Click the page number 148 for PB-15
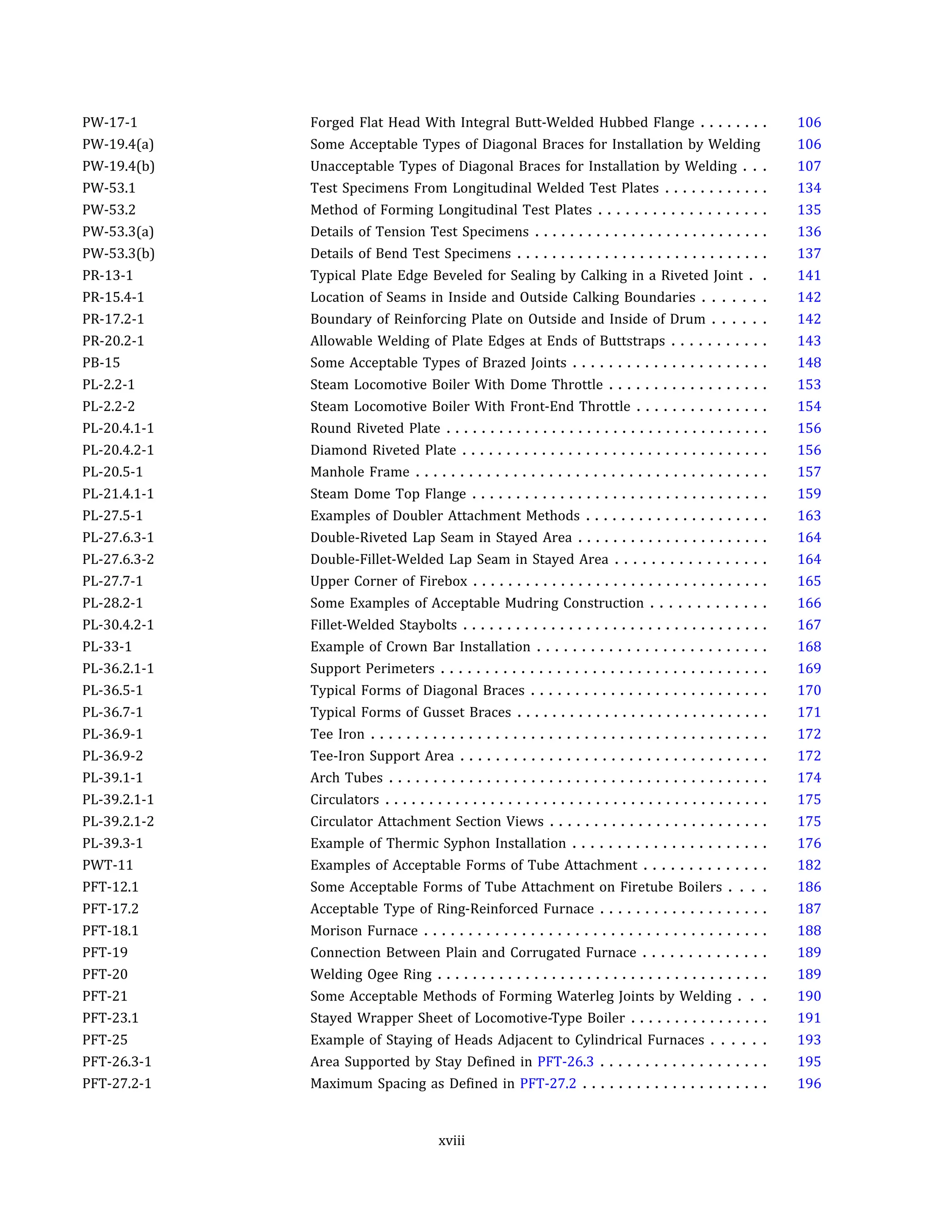[x=809, y=363]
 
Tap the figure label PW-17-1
[x=110, y=122]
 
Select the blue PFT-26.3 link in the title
[x=566, y=1062]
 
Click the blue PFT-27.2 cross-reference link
[x=548, y=1084]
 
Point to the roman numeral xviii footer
[x=451, y=1141]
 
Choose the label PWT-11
[x=108, y=865]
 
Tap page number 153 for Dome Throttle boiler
[x=809, y=385]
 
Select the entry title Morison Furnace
[x=364, y=931]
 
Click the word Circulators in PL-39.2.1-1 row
[x=345, y=800]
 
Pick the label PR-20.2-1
[x=113, y=341]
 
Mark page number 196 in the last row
[x=809, y=1084]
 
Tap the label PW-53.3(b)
[x=118, y=254]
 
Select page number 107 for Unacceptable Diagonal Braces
[x=809, y=166]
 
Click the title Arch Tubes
[x=346, y=778]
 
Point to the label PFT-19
[x=105, y=953]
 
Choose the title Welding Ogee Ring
[x=370, y=975]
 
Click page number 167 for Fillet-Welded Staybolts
[x=809, y=625]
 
